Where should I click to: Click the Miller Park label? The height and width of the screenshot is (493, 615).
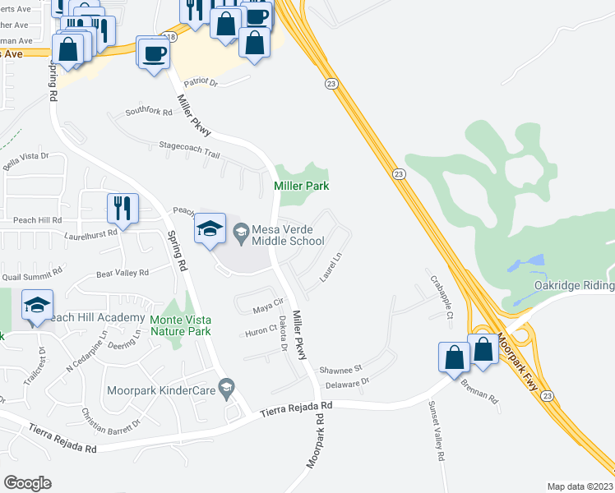pos(300,187)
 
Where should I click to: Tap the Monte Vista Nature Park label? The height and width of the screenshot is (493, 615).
pos(181,325)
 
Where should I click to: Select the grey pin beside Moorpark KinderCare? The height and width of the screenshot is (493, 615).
pos(233,385)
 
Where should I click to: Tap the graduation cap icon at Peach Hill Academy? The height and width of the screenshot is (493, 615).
pos(38,306)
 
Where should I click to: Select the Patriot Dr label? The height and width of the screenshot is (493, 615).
pos(201,83)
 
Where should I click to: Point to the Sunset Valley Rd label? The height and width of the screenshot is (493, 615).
pos(436,431)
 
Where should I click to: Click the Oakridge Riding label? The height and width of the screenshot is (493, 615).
pos(572,285)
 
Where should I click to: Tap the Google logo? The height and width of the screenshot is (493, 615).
pos(28,482)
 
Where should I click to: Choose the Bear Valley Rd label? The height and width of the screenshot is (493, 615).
pos(123,273)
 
